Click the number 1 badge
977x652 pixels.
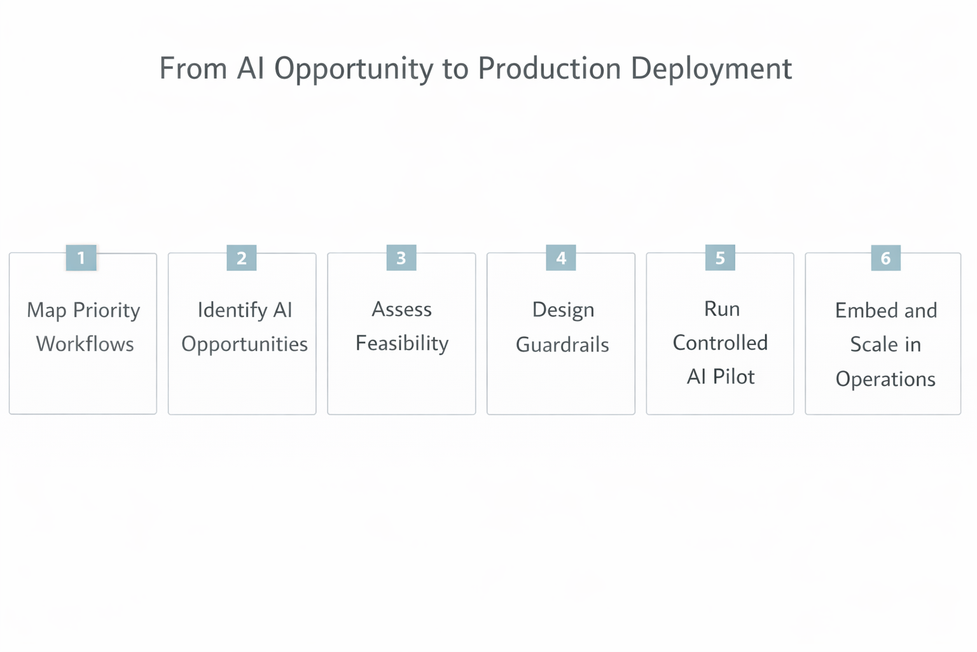pyautogui.click(x=81, y=258)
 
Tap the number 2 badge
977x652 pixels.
pyautogui.click(x=242, y=258)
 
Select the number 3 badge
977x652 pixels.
pyautogui.click(x=401, y=258)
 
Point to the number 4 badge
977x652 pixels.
pyautogui.click(x=561, y=258)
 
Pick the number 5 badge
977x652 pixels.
pyautogui.click(x=720, y=258)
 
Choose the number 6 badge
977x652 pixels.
pyautogui.click(x=885, y=259)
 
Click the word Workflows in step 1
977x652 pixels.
pyautogui.click(x=85, y=344)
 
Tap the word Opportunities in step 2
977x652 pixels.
pyautogui.click(x=244, y=344)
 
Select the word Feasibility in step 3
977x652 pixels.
pyautogui.click(x=402, y=343)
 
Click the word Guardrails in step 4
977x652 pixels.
pyautogui.click(x=562, y=344)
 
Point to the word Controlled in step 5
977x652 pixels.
pyautogui.click(x=720, y=343)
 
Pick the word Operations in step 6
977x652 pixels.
pyautogui.click(x=885, y=379)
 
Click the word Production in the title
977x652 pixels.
pyautogui.click(x=549, y=69)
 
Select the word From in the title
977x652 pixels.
pyautogui.click(x=193, y=68)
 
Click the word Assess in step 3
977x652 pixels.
pyautogui.click(x=401, y=309)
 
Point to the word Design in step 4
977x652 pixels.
pyautogui.click(x=563, y=310)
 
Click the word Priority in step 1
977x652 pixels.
pyautogui.click(x=106, y=311)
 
